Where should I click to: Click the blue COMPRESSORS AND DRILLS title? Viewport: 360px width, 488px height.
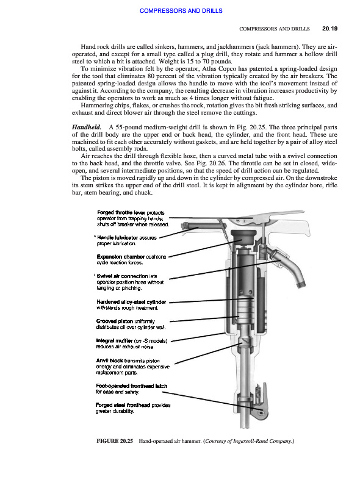click(181, 10)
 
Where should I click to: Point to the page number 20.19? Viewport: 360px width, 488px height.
click(329, 29)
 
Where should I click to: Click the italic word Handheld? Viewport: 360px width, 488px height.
click(87, 127)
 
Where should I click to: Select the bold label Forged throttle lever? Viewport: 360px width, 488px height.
click(121, 212)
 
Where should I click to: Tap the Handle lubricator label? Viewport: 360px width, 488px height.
click(117, 237)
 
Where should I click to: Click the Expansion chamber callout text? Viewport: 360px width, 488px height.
click(121, 257)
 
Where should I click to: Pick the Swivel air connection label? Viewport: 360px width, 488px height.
click(122, 276)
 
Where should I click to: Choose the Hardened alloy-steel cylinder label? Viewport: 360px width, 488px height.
click(131, 302)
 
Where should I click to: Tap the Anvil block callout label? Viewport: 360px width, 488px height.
click(109, 361)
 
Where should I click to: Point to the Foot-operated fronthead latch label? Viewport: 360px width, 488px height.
click(131, 386)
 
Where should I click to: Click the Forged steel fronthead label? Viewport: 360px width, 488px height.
click(123, 405)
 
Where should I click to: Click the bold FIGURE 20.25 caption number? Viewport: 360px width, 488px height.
click(115, 441)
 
